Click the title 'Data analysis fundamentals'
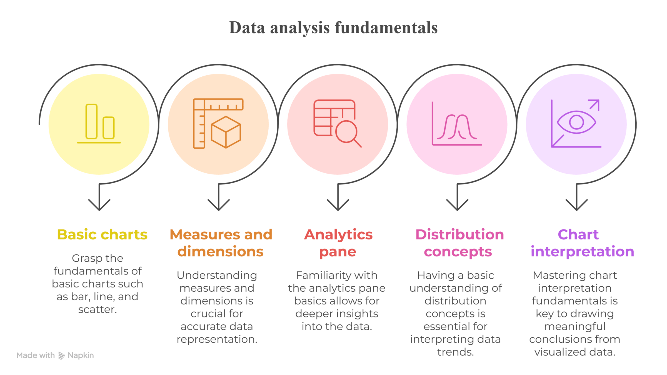coord(333,28)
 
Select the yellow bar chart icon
coord(99,124)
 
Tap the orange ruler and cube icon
coord(218,123)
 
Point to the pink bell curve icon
coord(457,124)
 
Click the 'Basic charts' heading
coord(102,235)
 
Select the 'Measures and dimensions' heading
coord(221,243)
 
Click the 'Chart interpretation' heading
coord(582,243)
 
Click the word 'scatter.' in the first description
coord(98,309)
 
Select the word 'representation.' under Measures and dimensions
coord(217,339)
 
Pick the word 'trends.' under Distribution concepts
coord(456,352)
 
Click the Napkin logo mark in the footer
coord(61,356)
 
